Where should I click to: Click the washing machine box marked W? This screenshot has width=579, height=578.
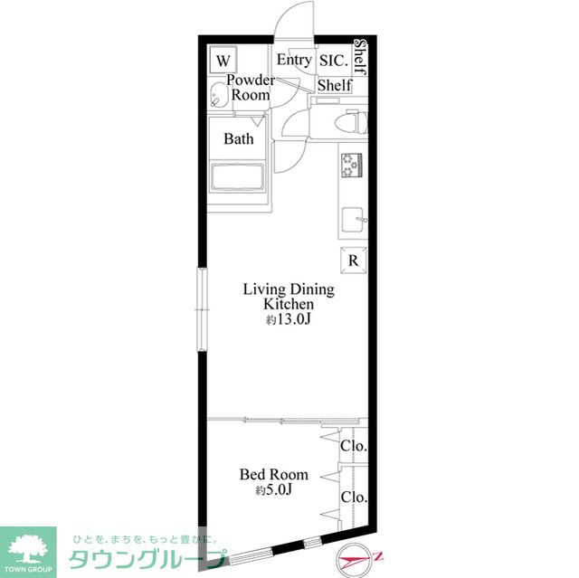pos(223,60)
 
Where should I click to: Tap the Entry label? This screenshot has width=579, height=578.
pos(294,60)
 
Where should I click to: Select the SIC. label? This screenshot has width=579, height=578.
pos(334,61)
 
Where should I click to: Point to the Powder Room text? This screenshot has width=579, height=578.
pos(251,88)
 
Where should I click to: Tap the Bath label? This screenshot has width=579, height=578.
pos(239,138)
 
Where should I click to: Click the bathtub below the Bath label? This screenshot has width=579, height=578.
pos(237,178)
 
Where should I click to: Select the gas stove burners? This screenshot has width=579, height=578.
pos(352,166)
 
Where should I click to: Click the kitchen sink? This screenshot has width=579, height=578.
pos(354,220)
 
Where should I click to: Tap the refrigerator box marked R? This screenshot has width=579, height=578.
pos(354,261)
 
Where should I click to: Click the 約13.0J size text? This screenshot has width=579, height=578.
pos(289,319)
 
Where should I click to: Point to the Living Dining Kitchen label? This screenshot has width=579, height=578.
pos(289,297)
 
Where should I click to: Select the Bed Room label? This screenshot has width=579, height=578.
pos(273,474)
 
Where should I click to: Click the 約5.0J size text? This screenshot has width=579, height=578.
pos(274,489)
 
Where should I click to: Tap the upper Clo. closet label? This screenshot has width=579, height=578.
pos(354,446)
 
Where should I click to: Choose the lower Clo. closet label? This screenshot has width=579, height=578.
pos(354,497)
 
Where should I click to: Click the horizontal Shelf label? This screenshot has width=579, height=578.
pos(334,85)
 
